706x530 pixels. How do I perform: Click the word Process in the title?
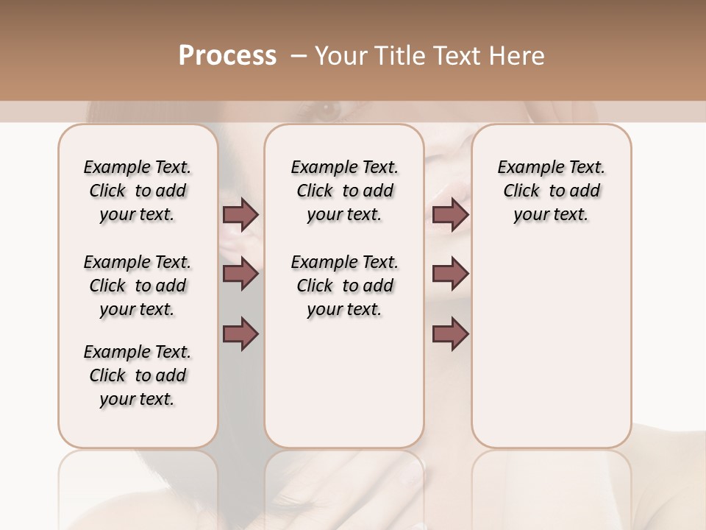[x=227, y=56]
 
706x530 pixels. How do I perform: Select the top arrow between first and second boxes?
[x=240, y=215]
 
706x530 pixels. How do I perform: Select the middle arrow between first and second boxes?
[x=240, y=274]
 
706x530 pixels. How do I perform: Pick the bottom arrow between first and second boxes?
[x=240, y=333]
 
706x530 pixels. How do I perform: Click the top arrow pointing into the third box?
[x=450, y=215]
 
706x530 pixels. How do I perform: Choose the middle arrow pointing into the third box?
[x=450, y=274]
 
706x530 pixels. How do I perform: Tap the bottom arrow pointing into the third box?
[x=450, y=333]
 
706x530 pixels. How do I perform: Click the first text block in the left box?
[x=138, y=191]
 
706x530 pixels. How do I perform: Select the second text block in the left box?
[x=138, y=286]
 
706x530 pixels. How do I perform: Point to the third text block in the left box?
[x=138, y=375]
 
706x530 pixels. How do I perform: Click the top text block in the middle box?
[x=344, y=191]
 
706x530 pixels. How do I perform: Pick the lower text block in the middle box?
[x=344, y=286]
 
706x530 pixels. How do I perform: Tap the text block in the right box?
[x=551, y=191]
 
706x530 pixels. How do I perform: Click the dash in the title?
[x=298, y=56]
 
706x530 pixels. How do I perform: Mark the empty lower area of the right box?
[x=551, y=346]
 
